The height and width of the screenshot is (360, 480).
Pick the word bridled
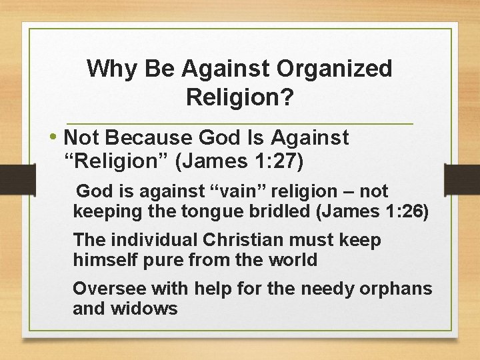point(276,213)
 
